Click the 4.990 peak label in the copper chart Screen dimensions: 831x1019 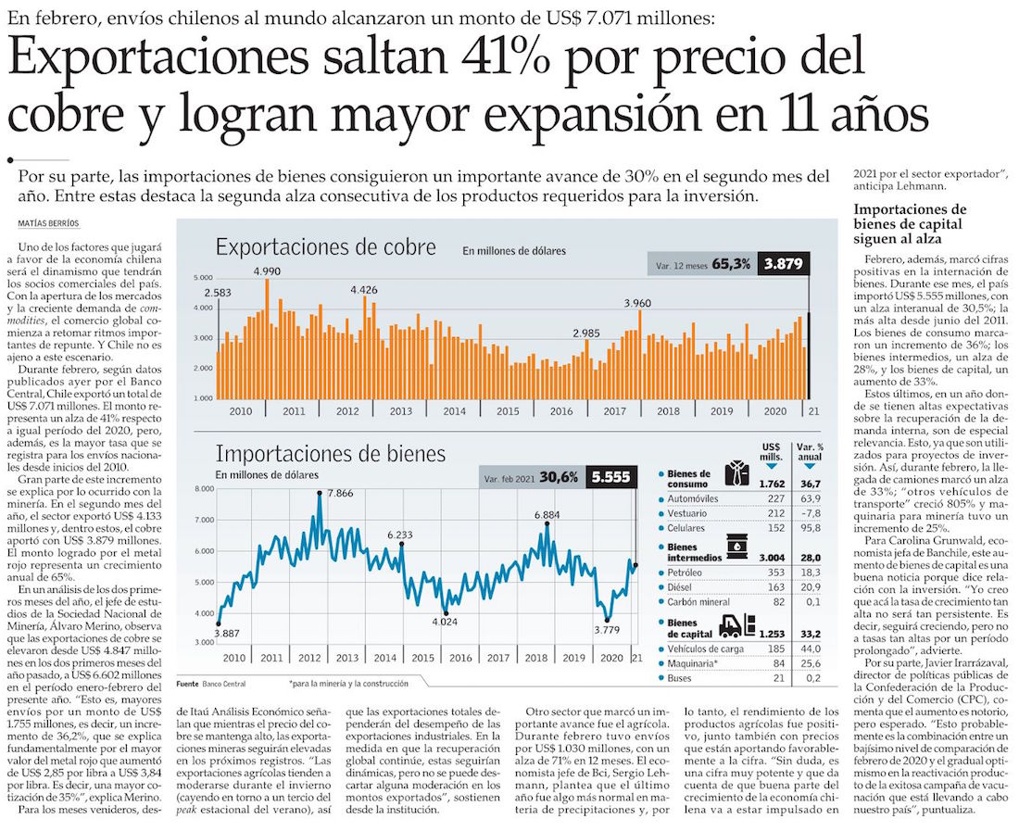pyautogui.click(x=268, y=271)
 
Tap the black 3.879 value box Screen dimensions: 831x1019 pyautogui.click(x=782, y=264)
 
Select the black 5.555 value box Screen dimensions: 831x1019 pyautogui.click(x=611, y=477)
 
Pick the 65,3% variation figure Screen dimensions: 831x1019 pyautogui.click(x=731, y=264)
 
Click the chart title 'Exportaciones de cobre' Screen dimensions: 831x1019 pyautogui.click(x=325, y=247)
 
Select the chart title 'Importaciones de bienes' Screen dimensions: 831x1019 pyautogui.click(x=330, y=454)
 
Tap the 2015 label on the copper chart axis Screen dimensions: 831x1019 pyautogui.click(x=507, y=410)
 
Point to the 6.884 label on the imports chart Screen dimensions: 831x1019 pyautogui.click(x=547, y=514)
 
